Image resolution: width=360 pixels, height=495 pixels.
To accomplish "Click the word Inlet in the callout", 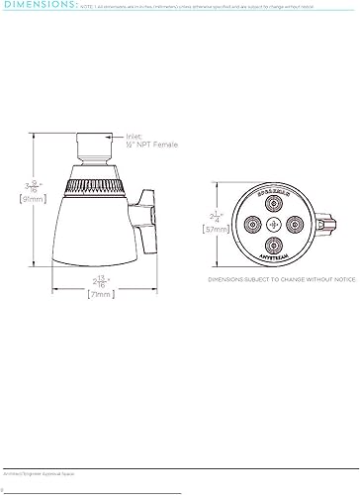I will (x=135, y=139).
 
